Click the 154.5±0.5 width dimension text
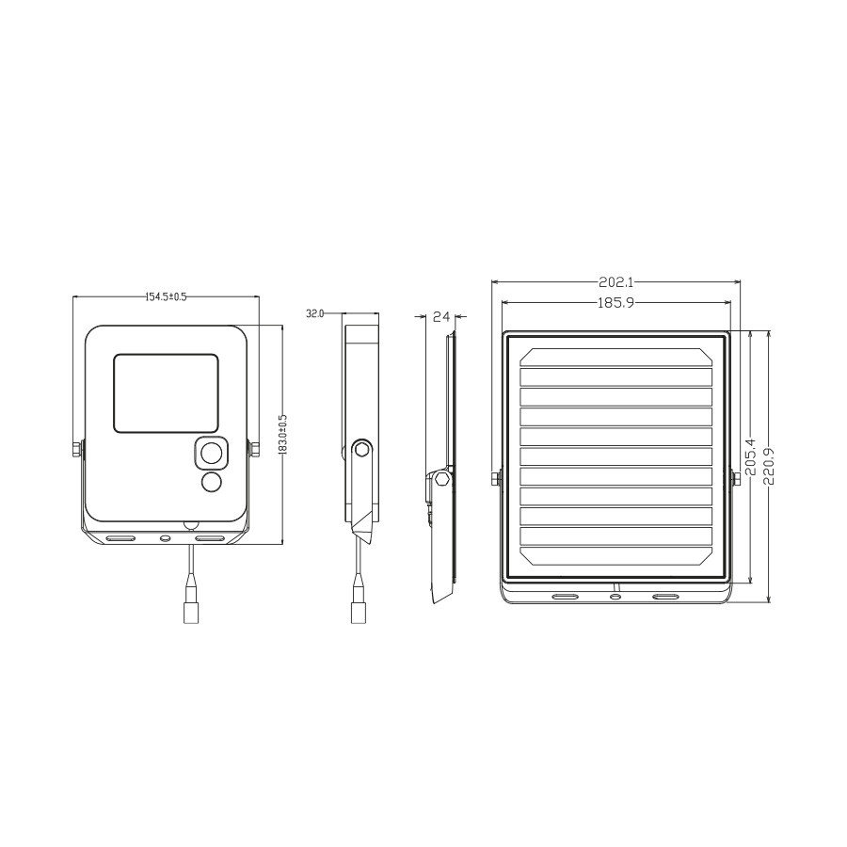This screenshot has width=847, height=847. [x=166, y=296]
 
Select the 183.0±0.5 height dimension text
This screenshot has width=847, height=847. [x=282, y=435]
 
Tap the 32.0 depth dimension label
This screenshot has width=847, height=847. [x=314, y=313]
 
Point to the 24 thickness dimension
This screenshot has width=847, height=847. [x=440, y=317]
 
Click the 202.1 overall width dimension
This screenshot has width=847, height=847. [x=616, y=281]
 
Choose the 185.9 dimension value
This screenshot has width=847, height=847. [x=616, y=302]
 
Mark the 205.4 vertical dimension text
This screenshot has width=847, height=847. [x=750, y=456]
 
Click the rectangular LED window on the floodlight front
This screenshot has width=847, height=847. [x=167, y=393]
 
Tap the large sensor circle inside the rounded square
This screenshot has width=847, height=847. [x=212, y=454]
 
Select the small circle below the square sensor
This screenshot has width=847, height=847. [x=212, y=483]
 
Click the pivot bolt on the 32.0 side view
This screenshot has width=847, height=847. [x=360, y=449]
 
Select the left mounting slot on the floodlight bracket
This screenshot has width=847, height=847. [x=120, y=539]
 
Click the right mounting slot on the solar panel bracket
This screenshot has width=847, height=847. [x=665, y=597]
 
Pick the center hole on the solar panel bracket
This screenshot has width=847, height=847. [x=615, y=597]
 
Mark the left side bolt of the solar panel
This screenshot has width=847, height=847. [x=495, y=478]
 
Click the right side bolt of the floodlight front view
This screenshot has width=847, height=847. [x=253, y=449]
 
